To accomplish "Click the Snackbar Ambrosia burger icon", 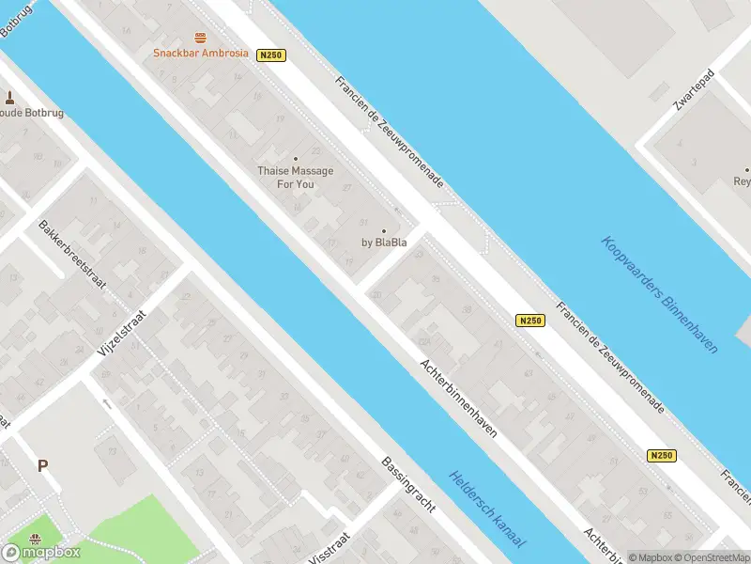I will [x=200, y=39].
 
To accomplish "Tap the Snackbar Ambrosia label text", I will [x=201, y=54].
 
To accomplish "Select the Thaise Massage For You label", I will [x=296, y=177].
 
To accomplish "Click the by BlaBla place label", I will [x=384, y=242].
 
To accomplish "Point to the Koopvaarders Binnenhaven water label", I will [x=659, y=294].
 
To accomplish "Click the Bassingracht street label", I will [x=408, y=484].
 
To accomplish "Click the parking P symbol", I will [x=42, y=465].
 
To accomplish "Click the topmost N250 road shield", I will [x=270, y=55].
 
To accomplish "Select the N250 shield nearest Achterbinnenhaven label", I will [x=530, y=321].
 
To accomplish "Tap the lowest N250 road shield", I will [x=662, y=455].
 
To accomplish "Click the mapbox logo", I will [x=41, y=552].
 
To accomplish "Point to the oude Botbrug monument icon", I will [x=10, y=97].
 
